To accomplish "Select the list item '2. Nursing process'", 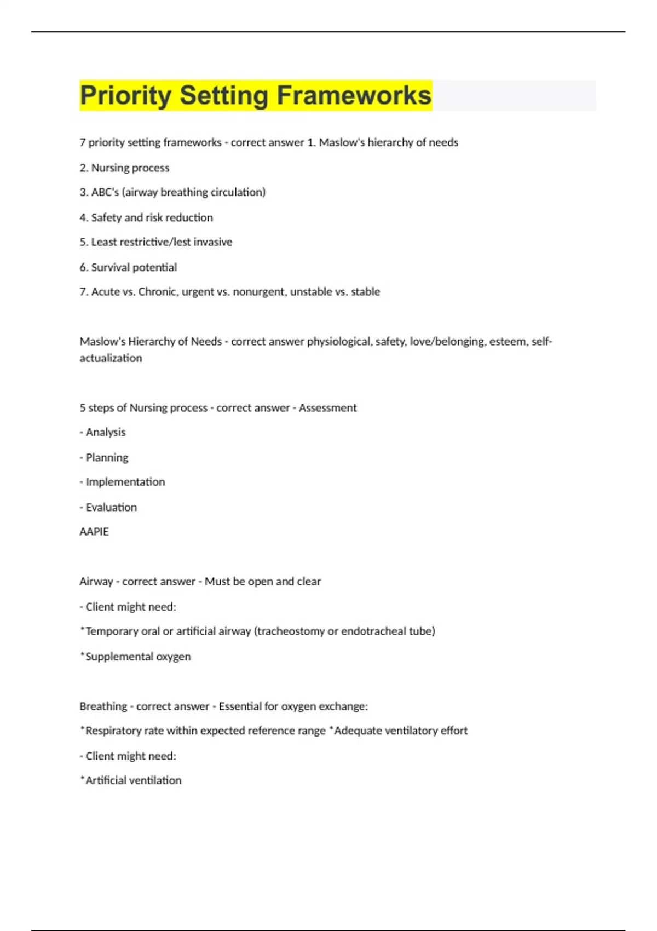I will [x=124, y=168].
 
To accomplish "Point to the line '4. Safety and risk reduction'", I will [x=146, y=217].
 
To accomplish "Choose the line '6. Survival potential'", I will [x=128, y=267].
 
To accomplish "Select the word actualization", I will [x=111, y=358].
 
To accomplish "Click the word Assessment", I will [x=327, y=408].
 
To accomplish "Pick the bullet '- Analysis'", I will [x=102, y=432].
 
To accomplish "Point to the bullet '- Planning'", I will [x=104, y=457].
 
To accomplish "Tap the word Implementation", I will [x=125, y=482].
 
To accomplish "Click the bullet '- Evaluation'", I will [x=108, y=507].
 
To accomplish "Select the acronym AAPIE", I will [x=94, y=532].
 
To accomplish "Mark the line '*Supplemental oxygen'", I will [x=135, y=656].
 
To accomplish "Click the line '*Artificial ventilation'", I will [x=130, y=780].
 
